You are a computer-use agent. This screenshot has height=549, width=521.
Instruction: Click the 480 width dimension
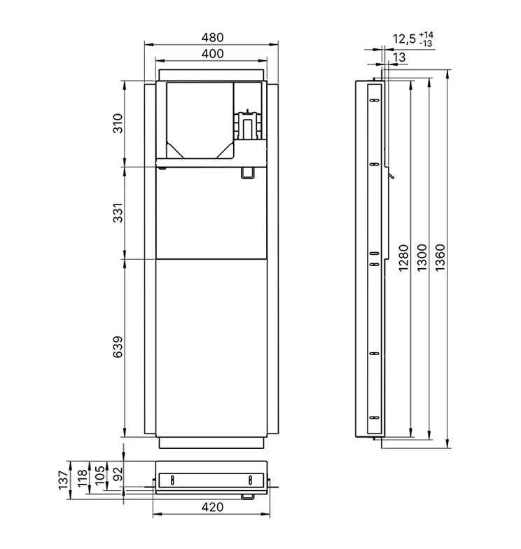click(x=212, y=37)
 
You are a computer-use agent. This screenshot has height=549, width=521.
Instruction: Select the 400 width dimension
click(x=212, y=53)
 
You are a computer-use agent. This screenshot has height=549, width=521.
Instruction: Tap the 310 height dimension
click(x=119, y=123)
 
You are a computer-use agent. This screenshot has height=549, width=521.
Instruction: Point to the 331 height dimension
click(x=119, y=213)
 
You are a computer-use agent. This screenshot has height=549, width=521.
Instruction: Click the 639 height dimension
click(x=119, y=347)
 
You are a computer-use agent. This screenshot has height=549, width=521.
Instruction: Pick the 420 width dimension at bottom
click(x=212, y=507)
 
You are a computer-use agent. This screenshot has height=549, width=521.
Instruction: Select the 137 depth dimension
click(x=63, y=480)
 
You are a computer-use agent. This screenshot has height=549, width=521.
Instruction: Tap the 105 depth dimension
click(x=99, y=475)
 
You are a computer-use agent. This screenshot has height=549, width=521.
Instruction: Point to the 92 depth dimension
click(x=119, y=473)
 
